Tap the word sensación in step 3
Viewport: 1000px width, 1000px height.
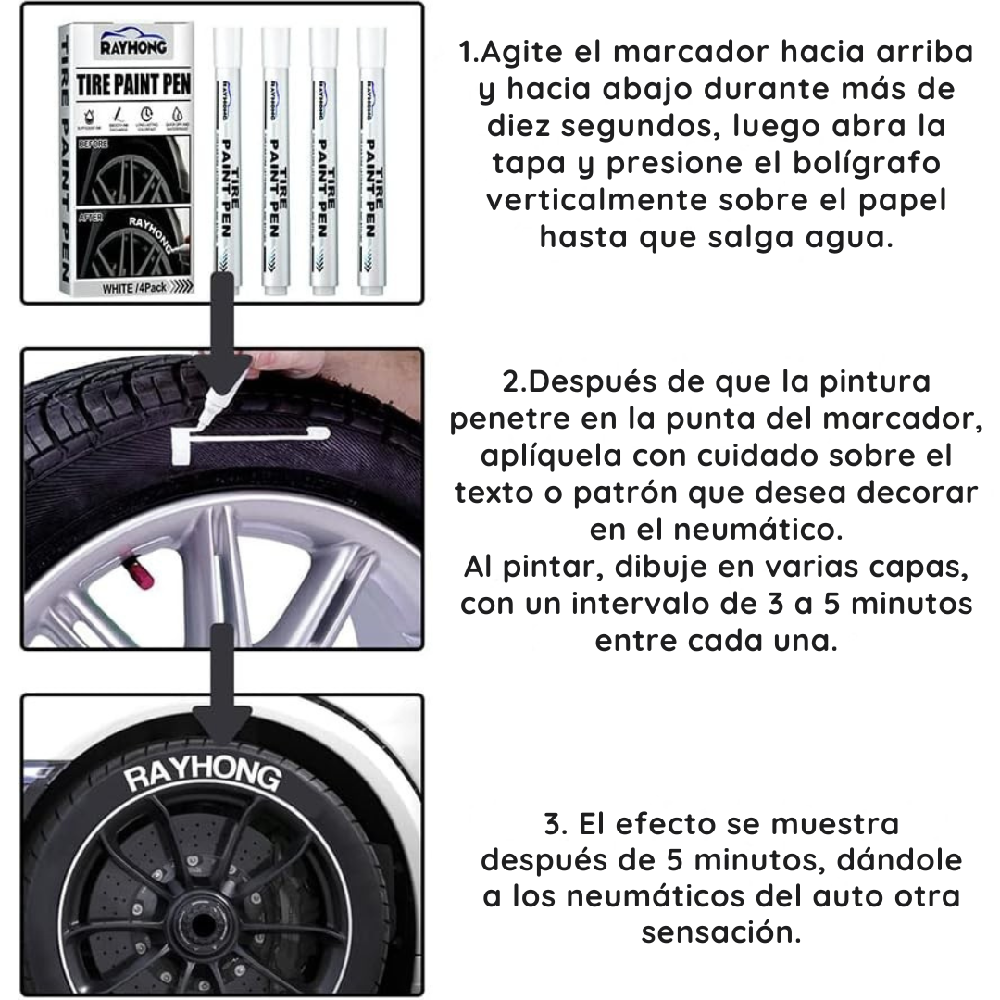720,932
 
